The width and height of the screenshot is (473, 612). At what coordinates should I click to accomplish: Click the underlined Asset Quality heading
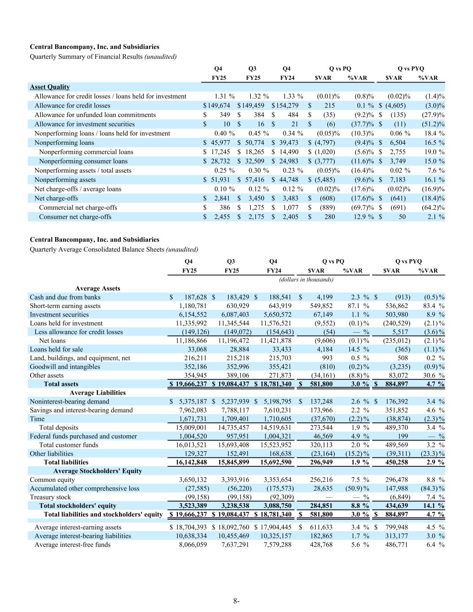50,87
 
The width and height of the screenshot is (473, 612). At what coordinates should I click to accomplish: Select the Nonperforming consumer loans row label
83,161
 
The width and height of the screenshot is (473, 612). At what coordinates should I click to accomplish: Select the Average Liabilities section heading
98,392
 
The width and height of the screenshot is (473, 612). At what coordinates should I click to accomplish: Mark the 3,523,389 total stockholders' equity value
191,505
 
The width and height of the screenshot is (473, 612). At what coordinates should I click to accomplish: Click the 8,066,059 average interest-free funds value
191,544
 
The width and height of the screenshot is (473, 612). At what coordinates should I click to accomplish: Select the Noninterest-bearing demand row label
69,401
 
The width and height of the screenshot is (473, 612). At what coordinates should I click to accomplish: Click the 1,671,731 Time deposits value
191,418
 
